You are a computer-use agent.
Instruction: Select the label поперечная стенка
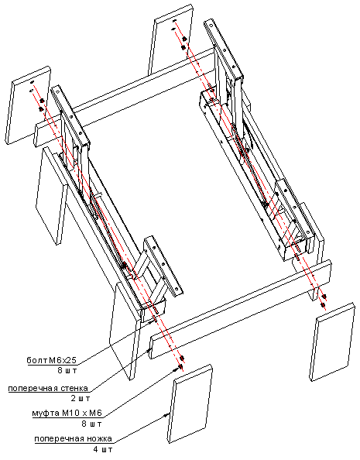[48, 388]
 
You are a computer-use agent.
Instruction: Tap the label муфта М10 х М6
[67, 413]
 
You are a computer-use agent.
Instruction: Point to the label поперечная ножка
[74, 438]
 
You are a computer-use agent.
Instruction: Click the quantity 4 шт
[103, 449]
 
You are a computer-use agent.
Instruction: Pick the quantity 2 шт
[81, 398]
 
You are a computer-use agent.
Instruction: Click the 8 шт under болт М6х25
[67, 370]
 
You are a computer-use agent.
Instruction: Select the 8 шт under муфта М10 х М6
[92, 424]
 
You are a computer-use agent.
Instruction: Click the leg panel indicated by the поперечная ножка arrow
[190, 404]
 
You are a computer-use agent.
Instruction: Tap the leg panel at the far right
[332, 342]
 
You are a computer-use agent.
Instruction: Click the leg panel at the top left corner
[28, 105]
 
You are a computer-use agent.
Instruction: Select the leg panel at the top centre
[171, 39]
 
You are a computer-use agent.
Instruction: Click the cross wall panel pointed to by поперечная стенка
[241, 309]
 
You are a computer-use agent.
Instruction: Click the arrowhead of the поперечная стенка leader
[149, 350]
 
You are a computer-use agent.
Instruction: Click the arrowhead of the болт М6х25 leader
[152, 322]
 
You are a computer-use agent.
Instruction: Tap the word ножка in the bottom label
[100, 438]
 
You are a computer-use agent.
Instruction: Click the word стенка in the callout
[74, 388]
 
